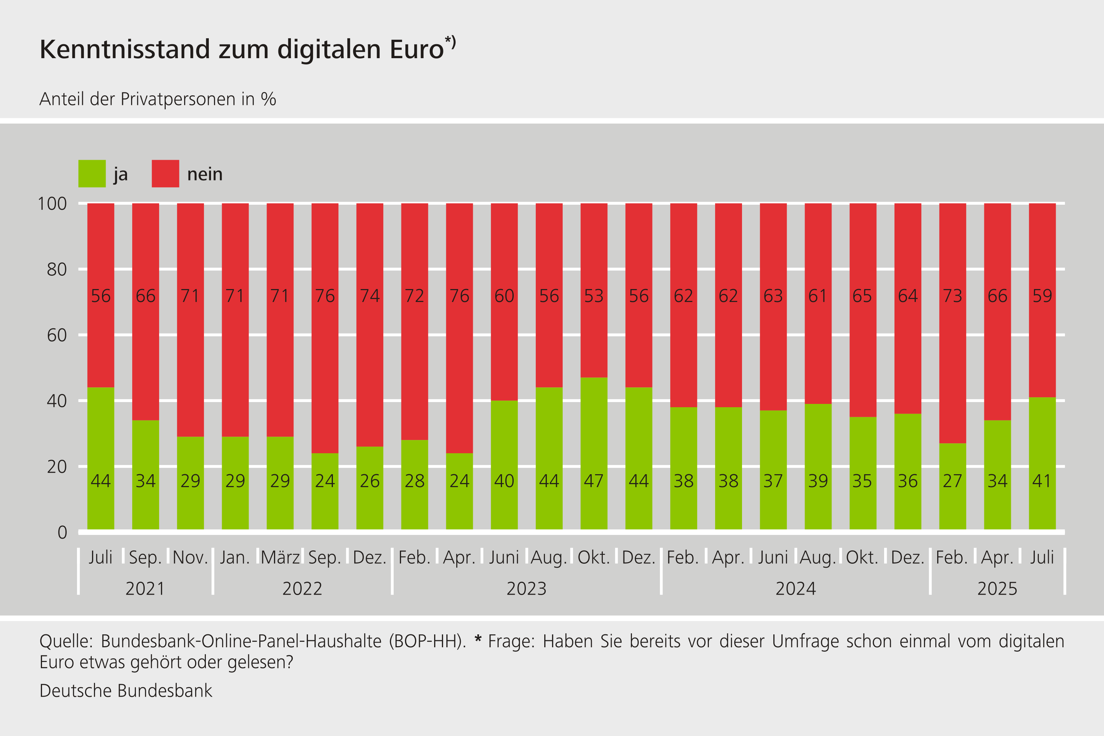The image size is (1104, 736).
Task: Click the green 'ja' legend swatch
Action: pyautogui.click(x=92, y=174)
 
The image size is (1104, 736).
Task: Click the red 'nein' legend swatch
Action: pyautogui.click(x=165, y=174)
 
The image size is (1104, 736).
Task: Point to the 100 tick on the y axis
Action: pyautogui.click(x=52, y=204)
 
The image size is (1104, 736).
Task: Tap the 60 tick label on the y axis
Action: pyautogui.click(x=57, y=335)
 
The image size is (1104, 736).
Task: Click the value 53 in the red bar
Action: pyautogui.click(x=594, y=296)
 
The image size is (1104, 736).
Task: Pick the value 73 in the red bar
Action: pyautogui.click(x=952, y=296)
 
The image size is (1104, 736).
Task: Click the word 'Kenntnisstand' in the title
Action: pyautogui.click(x=125, y=49)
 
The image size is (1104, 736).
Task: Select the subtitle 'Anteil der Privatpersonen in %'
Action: pyautogui.click(x=158, y=99)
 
